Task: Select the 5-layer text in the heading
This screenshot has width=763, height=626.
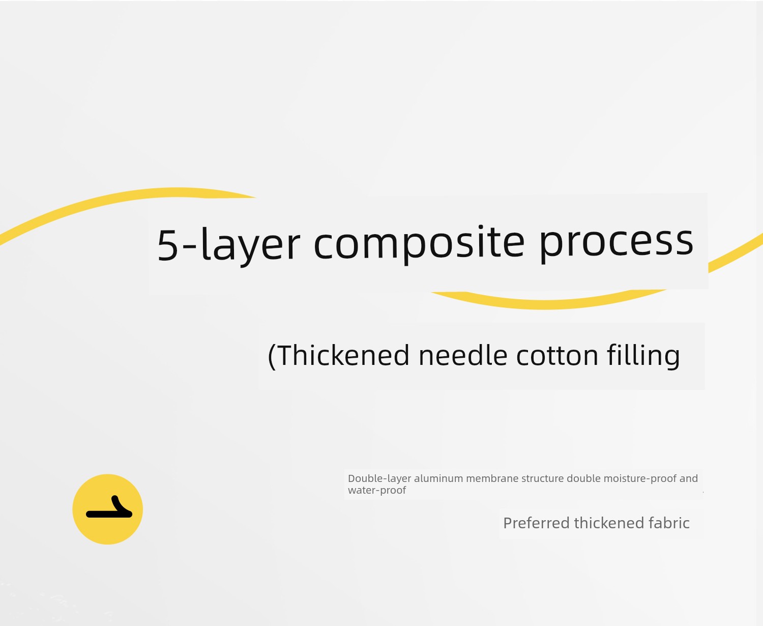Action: click(x=229, y=244)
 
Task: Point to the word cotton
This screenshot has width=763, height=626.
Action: click(x=557, y=355)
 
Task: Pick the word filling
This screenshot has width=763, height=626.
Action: click(x=643, y=356)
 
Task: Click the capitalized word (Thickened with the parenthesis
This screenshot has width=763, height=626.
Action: click(x=339, y=356)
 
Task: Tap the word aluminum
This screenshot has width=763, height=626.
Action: click(x=438, y=478)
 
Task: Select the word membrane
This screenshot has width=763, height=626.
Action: click(x=492, y=478)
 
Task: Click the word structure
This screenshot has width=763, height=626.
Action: click(x=542, y=478)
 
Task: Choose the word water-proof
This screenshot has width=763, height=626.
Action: click(x=377, y=491)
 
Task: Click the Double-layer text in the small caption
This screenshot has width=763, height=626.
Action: click(x=379, y=479)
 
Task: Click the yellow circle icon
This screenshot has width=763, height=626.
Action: click(x=108, y=509)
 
